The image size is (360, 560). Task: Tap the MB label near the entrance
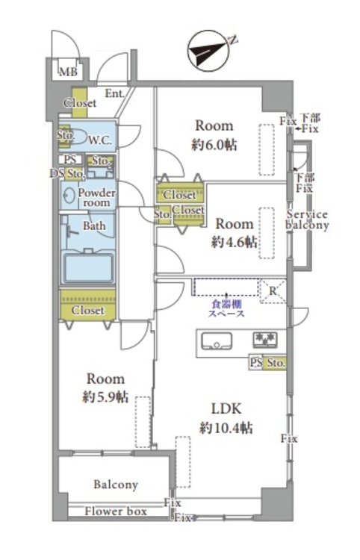click(x=67, y=72)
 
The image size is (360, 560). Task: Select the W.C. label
click(x=99, y=140)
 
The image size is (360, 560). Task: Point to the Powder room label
click(x=96, y=197)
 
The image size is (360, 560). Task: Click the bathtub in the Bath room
click(x=88, y=268)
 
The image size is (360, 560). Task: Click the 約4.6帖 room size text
click(x=235, y=243)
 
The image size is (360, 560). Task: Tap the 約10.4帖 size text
click(x=226, y=429)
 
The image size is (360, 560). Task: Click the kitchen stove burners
click(x=264, y=339)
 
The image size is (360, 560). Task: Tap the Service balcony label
click(x=308, y=220)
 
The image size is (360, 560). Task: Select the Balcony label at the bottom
click(x=116, y=485)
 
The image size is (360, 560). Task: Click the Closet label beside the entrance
click(x=80, y=103)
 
